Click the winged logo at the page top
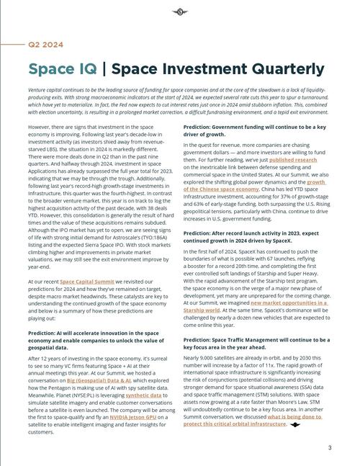point(180,12)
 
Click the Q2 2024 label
point(45,45)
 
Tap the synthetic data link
point(143,395)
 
